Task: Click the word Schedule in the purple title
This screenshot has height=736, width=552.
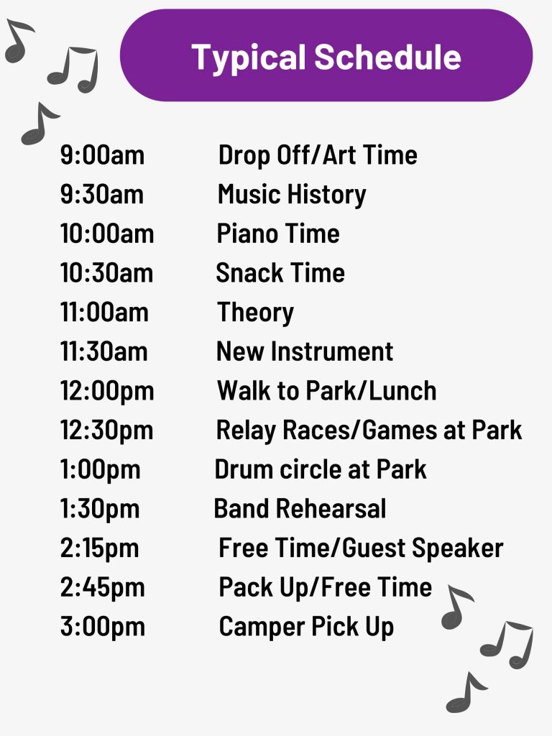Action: (x=387, y=57)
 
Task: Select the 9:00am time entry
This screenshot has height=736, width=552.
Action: (x=102, y=155)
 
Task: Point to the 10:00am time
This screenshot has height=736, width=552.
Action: (x=107, y=234)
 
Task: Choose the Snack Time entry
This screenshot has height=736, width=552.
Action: (x=280, y=272)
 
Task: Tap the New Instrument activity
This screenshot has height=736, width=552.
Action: (x=305, y=351)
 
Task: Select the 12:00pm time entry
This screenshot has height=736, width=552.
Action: (x=107, y=392)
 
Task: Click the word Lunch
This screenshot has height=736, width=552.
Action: (x=402, y=391)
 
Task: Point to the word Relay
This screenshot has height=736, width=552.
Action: (x=246, y=431)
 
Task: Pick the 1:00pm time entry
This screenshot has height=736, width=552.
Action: (x=101, y=470)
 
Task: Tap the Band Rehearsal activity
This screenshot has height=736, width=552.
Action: (x=300, y=509)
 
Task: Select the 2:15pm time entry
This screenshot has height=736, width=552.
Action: (x=99, y=548)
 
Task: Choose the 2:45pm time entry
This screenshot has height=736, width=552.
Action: (x=103, y=588)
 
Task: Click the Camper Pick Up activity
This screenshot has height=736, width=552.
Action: (x=306, y=627)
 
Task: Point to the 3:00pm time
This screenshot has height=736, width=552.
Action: (x=103, y=627)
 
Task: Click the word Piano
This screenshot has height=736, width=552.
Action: (x=248, y=234)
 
